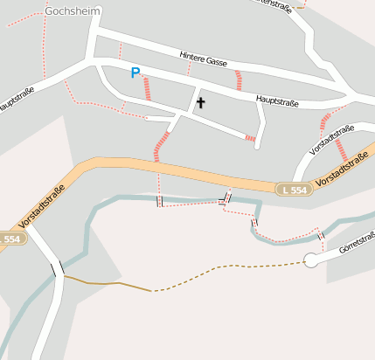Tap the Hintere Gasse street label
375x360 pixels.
point(203,59)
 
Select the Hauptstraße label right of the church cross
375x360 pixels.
point(278,102)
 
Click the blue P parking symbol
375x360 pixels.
point(135,73)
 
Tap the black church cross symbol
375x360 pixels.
point(200,103)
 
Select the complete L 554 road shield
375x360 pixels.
point(293,189)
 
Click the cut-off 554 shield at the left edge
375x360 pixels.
point(9,239)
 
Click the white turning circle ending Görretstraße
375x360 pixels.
point(310,260)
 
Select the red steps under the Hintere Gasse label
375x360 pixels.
point(238,80)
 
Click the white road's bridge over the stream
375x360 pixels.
point(58,268)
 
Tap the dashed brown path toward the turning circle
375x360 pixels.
point(227,268)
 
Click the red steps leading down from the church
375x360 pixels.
point(162,146)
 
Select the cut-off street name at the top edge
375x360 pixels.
point(273,4)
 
